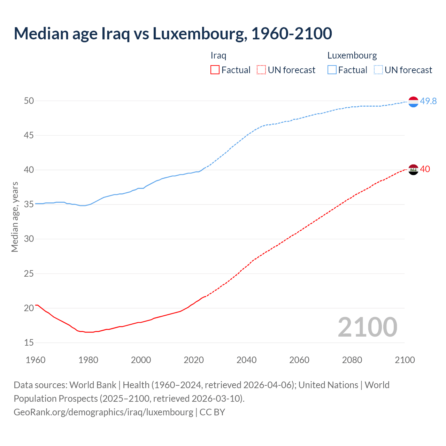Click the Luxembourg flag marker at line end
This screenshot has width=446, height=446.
[x=413, y=102]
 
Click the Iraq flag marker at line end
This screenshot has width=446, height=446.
[x=413, y=170]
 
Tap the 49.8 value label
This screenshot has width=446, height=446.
[x=428, y=101]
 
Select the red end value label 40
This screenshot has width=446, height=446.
[x=425, y=169]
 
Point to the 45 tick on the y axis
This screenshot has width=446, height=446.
[x=29, y=135]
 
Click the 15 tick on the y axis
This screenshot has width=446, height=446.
[x=29, y=343]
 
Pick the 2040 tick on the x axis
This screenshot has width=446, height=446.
[x=246, y=360]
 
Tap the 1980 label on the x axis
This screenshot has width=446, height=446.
[x=88, y=360]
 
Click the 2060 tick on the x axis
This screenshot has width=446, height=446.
[x=299, y=360]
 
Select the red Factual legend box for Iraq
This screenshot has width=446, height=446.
[x=215, y=70]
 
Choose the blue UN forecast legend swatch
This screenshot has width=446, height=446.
[x=378, y=70]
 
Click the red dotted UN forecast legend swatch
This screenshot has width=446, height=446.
[x=261, y=70]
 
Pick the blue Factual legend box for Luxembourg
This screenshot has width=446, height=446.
[x=332, y=70]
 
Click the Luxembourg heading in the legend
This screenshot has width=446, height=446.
[x=352, y=55]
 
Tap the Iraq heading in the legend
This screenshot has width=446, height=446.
[x=218, y=55]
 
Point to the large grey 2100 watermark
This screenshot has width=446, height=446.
[x=368, y=327]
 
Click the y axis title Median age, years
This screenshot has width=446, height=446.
[x=15, y=217]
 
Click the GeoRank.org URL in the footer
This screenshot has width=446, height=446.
[x=103, y=412]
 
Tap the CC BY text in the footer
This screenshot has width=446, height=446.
[x=212, y=412]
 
